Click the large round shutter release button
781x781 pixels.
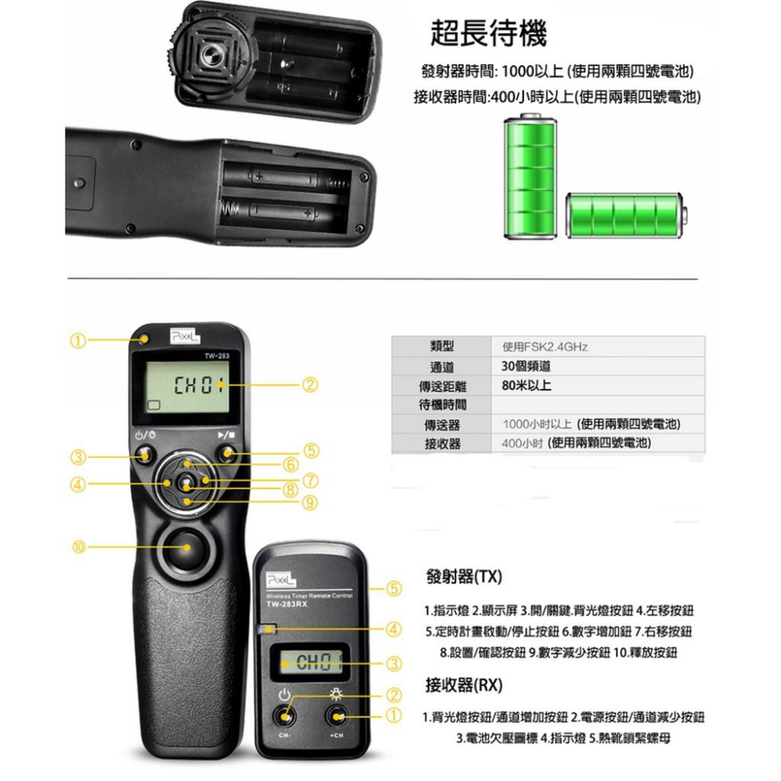pyautogui.click(x=186, y=547)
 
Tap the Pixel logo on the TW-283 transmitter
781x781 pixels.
pyautogui.click(x=185, y=334)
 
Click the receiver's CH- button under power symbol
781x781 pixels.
pyautogui.click(x=284, y=716)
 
